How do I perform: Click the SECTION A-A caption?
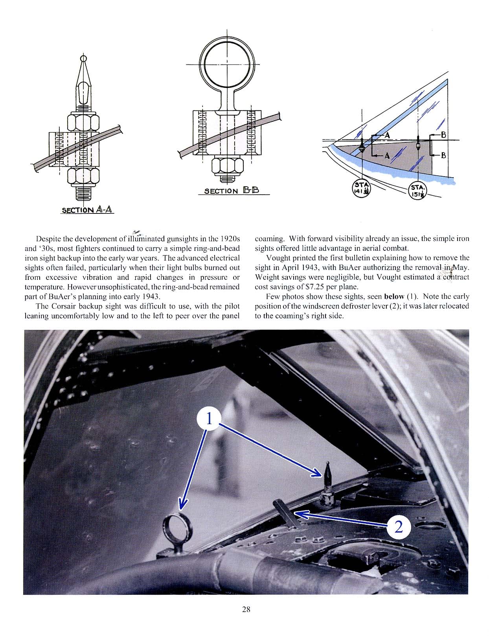[87, 210]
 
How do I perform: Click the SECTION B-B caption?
[232, 191]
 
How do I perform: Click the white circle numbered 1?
[209, 419]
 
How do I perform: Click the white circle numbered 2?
[398, 526]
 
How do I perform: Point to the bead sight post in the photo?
[327, 484]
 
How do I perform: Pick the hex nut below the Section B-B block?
[226, 166]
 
